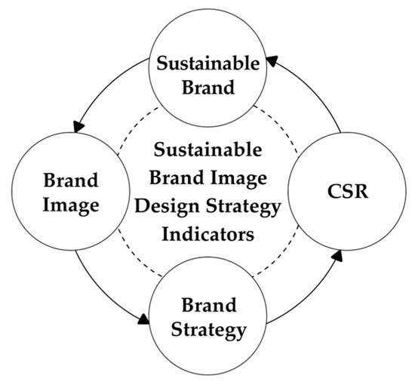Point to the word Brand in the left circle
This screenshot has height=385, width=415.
[70, 182]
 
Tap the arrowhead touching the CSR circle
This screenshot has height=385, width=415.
[331, 257]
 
